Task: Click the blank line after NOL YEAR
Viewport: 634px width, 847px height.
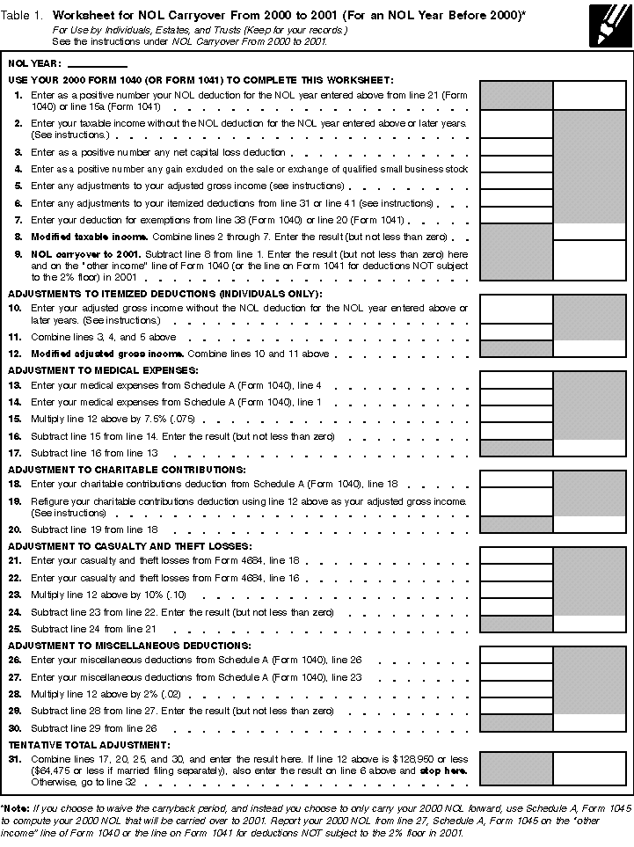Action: (97, 64)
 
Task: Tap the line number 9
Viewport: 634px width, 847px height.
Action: (18, 253)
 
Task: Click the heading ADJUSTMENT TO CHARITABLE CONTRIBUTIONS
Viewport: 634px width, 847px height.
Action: (127, 471)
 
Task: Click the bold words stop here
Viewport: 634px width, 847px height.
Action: (448, 770)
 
